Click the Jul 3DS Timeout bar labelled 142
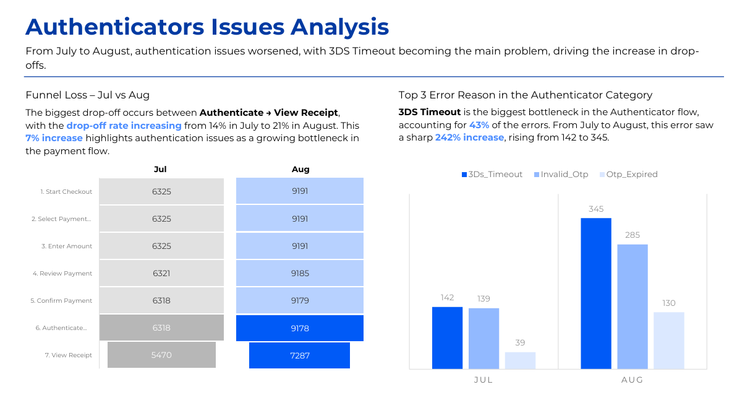[x=447, y=338]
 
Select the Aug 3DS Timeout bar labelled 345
[x=596, y=293]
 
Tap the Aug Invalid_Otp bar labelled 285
[x=633, y=306]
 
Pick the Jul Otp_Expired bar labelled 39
[x=520, y=360]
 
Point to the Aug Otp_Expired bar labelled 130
[x=669, y=341]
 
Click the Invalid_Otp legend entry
[x=561, y=175]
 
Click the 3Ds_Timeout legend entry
[x=492, y=175]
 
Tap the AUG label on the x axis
[x=632, y=380]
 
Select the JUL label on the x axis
[x=484, y=380]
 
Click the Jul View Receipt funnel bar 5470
[x=161, y=355]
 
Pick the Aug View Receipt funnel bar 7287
[x=300, y=355]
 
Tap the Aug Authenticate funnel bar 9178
[x=300, y=328]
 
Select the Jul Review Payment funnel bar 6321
[x=161, y=274]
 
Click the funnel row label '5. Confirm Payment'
[x=61, y=301]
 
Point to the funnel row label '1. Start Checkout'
[x=66, y=192]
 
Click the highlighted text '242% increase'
[x=469, y=137]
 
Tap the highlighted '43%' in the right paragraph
[x=479, y=125]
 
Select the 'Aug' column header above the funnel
[x=300, y=169]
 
